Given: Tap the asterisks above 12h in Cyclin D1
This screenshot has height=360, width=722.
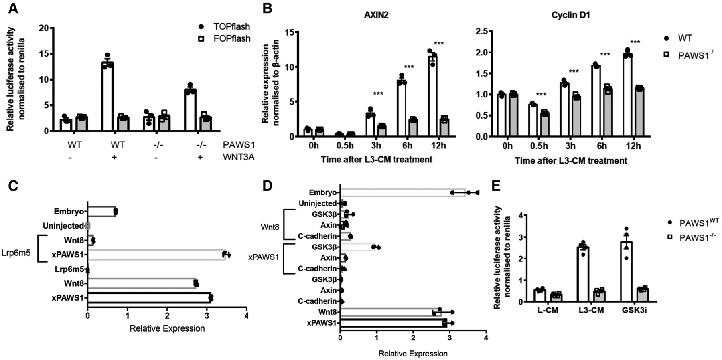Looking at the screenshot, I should (635, 42).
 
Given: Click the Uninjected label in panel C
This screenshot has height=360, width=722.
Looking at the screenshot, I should (63, 226).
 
